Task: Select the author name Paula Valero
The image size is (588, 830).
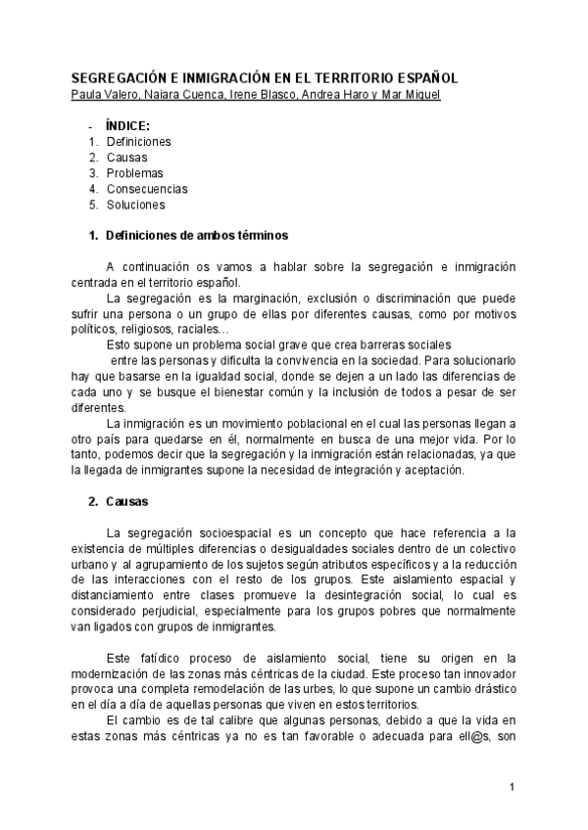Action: coord(105,94)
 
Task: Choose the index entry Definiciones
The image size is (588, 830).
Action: coord(138,141)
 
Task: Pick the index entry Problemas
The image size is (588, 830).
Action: coord(134,173)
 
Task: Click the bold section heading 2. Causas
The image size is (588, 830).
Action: coord(125,502)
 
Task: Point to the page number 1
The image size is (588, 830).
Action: coord(512,786)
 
